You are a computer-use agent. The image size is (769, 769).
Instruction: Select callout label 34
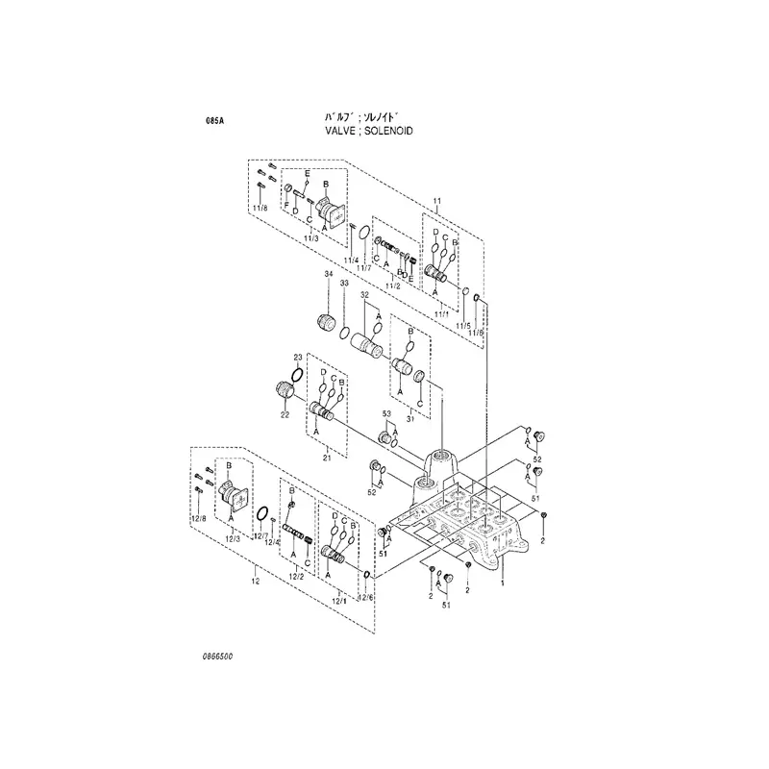point(328,275)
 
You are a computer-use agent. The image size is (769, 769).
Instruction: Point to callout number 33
point(344,285)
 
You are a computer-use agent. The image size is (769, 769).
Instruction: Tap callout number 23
point(298,357)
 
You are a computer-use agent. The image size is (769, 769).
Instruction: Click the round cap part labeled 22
point(284,389)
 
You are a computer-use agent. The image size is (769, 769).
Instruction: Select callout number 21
point(326,459)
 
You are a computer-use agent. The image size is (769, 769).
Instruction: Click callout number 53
point(388,413)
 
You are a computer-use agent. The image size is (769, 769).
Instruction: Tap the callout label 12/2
point(296,576)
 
